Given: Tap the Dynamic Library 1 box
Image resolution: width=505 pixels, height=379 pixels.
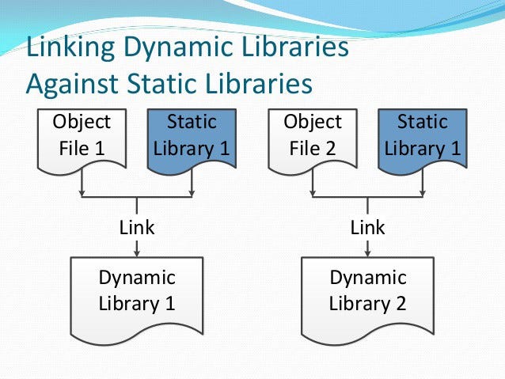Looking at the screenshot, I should coord(137,291).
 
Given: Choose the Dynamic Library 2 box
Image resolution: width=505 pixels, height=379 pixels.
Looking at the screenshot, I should coord(368,291).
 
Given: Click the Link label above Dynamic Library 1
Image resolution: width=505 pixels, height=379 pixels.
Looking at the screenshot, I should coord(137,228).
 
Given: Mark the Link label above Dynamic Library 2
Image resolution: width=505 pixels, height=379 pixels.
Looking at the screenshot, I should coord(368,228).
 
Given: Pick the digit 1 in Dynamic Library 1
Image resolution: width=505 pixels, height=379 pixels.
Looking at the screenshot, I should coord(170,303).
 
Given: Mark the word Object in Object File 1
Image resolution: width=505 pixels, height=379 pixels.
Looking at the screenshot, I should coord(82,123).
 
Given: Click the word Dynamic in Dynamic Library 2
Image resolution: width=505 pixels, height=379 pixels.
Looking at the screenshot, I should coord(368,279).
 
